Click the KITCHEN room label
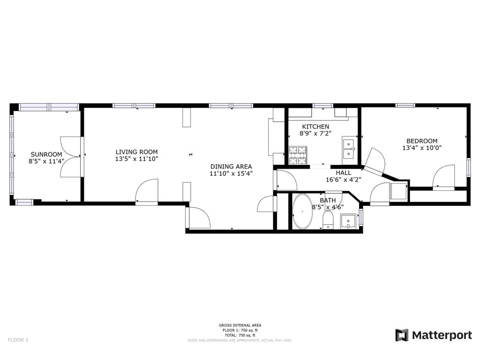315,127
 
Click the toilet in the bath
328,221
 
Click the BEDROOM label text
422,141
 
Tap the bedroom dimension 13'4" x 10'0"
422,148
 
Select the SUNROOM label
46,154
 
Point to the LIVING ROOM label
137,152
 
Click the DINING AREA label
231,166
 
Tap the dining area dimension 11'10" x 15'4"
231,173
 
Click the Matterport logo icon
402,335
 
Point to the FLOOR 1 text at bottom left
18,340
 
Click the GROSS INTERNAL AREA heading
240,325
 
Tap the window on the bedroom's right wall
468,167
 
